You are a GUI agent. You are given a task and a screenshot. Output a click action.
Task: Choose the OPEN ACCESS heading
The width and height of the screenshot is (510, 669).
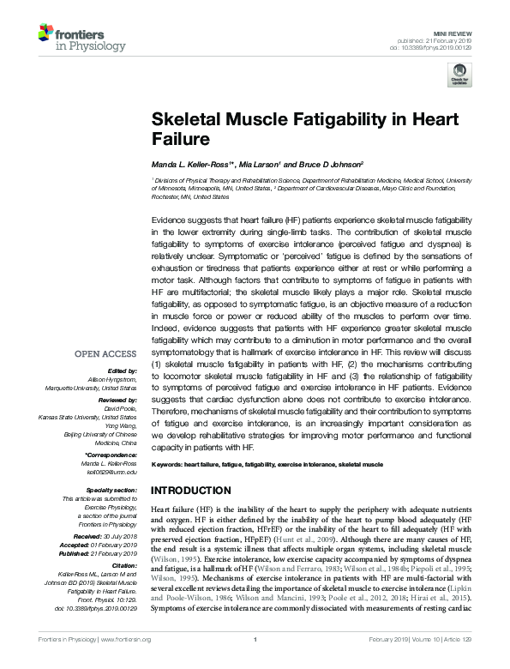tap(107, 353)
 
